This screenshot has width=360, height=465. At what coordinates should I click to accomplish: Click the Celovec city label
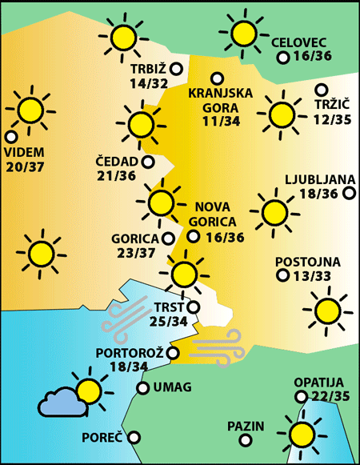[x=299, y=42]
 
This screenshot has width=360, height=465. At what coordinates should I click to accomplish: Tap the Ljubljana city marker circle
[x=349, y=193]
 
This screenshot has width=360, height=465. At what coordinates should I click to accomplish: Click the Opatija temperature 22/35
[x=322, y=396]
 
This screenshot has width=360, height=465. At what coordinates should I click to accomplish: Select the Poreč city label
[x=102, y=439]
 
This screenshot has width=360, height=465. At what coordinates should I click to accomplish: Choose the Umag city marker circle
[x=142, y=388]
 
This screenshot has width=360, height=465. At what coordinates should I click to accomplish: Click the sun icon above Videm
[x=30, y=110]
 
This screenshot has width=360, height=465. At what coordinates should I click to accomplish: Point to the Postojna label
[x=308, y=262]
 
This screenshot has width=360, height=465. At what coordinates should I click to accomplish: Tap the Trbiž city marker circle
[x=176, y=69]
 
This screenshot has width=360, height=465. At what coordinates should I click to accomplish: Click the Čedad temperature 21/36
[x=116, y=176]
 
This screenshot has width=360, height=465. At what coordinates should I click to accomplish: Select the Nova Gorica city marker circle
[x=193, y=236]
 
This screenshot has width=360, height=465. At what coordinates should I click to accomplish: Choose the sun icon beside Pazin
[x=303, y=435]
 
